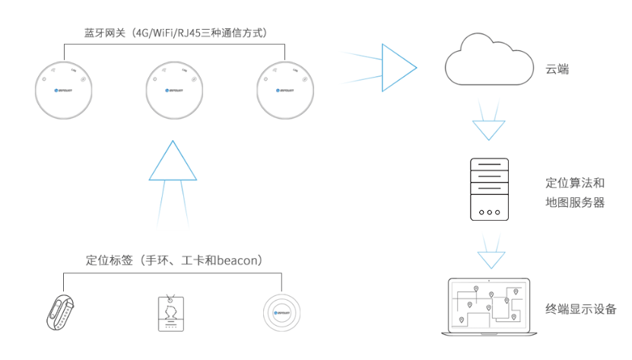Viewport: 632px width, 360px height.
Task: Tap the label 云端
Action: pyautogui.click(x=557, y=69)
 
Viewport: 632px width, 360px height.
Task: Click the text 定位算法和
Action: pyautogui.click(x=575, y=183)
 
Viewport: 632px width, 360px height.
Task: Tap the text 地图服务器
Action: pyautogui.click(x=575, y=202)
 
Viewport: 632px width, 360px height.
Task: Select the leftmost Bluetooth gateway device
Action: pyautogui.click(x=65, y=90)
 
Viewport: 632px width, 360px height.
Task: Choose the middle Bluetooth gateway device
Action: pyautogui.click(x=174, y=90)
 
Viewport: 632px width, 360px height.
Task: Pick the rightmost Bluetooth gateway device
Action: pyautogui.click(x=284, y=90)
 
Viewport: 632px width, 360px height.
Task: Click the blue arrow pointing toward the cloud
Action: pyautogui.click(x=397, y=67)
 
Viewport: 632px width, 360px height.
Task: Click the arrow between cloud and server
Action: pyautogui.click(x=487, y=129)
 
